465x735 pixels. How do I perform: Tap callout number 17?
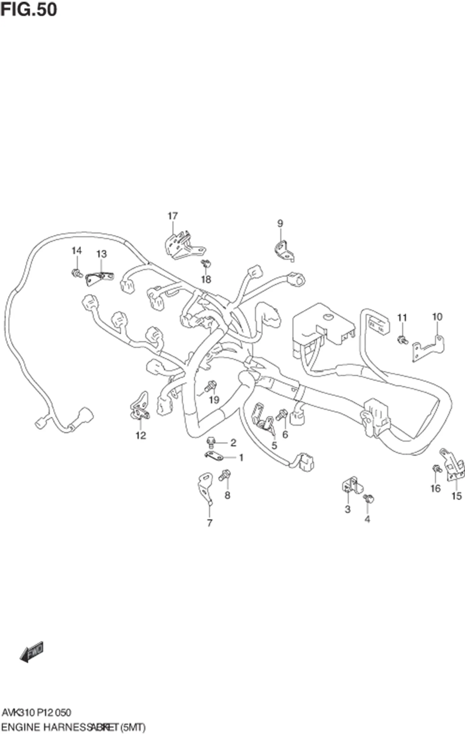click(x=172, y=216)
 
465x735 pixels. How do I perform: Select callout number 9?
click(x=280, y=223)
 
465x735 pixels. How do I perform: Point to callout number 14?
click(x=77, y=251)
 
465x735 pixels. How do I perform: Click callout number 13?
click(x=101, y=254)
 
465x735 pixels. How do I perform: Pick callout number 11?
click(x=402, y=318)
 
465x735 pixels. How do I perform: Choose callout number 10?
click(x=437, y=317)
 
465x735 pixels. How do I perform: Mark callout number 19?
click(x=214, y=400)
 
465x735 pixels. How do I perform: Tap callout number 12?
click(x=141, y=435)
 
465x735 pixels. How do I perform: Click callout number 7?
click(x=210, y=523)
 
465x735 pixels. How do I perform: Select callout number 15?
click(x=456, y=496)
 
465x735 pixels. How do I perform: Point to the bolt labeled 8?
click(x=224, y=475)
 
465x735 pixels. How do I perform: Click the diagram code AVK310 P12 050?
click(x=36, y=712)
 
